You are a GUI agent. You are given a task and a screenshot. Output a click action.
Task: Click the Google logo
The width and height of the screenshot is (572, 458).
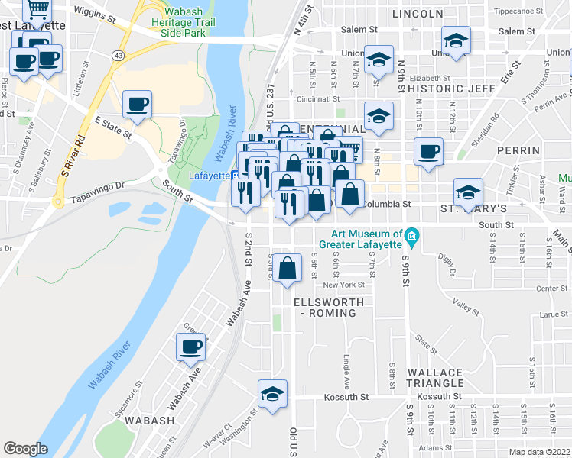[25, 449]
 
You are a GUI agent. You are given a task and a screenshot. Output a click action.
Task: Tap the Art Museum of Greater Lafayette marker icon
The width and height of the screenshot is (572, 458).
[412, 236]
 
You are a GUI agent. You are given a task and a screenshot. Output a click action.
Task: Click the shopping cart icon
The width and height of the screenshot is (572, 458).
[37, 11]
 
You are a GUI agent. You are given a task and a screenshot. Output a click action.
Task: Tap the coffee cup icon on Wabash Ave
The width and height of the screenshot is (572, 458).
[191, 347]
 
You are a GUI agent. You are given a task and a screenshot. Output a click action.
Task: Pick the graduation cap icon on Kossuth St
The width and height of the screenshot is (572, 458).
[272, 394]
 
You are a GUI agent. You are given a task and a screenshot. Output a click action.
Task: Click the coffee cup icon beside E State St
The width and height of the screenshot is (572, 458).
[137, 105]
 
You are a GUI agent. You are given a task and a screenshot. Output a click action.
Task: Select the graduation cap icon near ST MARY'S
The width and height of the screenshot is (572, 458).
[468, 192]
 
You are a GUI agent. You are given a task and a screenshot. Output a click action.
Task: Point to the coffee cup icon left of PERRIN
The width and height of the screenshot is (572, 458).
[429, 150]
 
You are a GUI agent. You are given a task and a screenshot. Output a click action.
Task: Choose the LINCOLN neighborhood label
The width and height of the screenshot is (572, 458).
[417, 14]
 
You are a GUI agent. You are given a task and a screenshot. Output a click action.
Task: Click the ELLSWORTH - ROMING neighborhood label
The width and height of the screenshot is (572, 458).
[330, 308]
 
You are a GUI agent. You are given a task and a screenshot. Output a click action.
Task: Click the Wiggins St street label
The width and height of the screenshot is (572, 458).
[95, 16]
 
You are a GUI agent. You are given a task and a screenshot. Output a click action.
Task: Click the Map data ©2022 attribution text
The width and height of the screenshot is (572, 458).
[540, 452]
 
